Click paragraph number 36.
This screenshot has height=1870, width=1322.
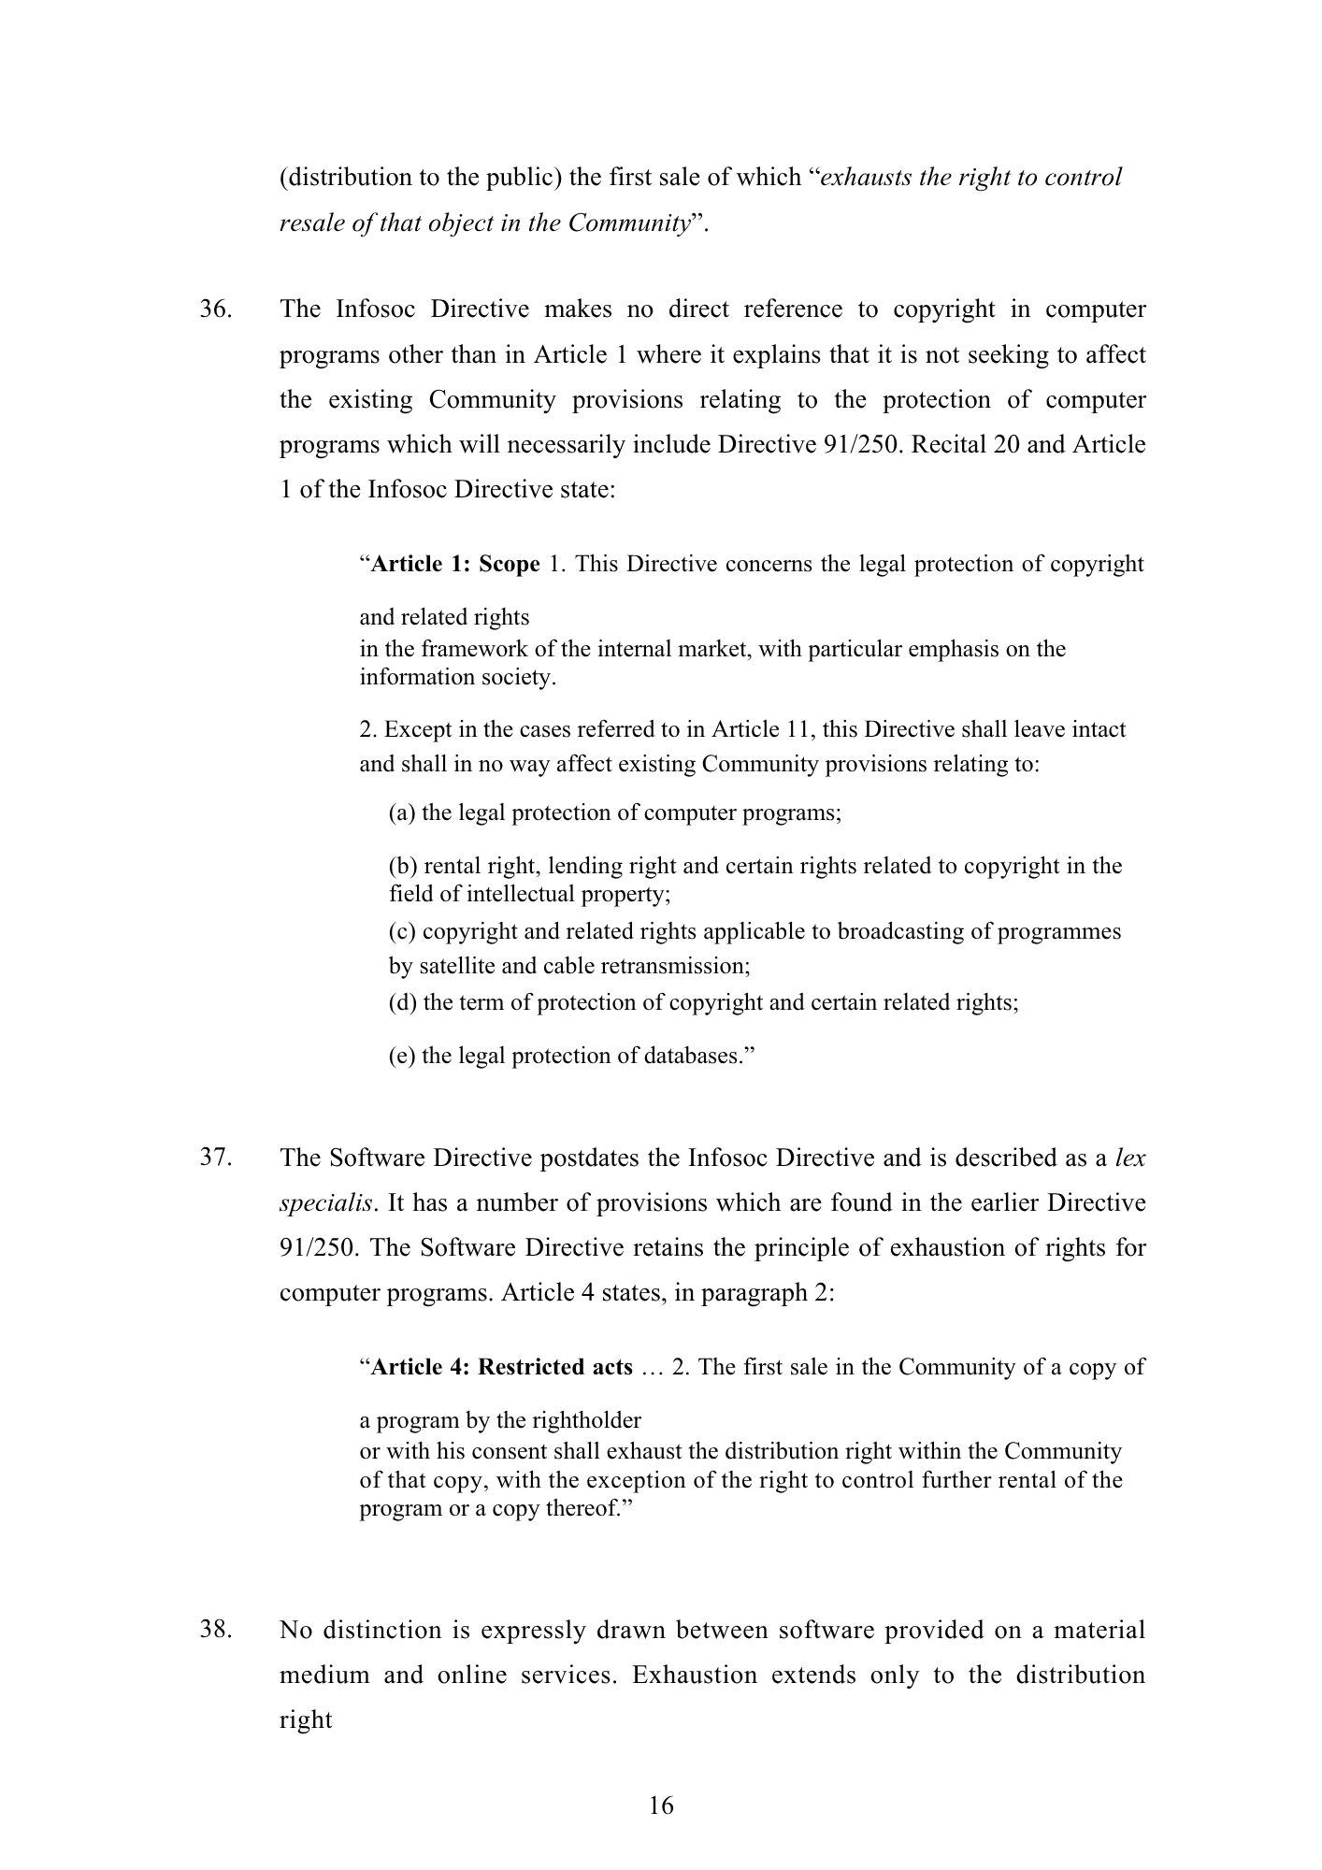click(215, 309)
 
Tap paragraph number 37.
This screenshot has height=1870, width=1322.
click(215, 1158)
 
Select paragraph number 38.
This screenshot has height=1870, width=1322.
click(215, 1630)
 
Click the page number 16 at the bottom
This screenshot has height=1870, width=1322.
click(661, 1805)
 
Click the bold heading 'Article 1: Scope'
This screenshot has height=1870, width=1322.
click(455, 565)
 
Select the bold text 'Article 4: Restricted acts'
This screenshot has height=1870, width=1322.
click(502, 1367)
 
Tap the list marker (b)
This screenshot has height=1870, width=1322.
click(403, 866)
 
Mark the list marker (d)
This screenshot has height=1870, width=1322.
click(403, 1003)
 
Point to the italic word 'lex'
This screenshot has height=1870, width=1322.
click(1130, 1158)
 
